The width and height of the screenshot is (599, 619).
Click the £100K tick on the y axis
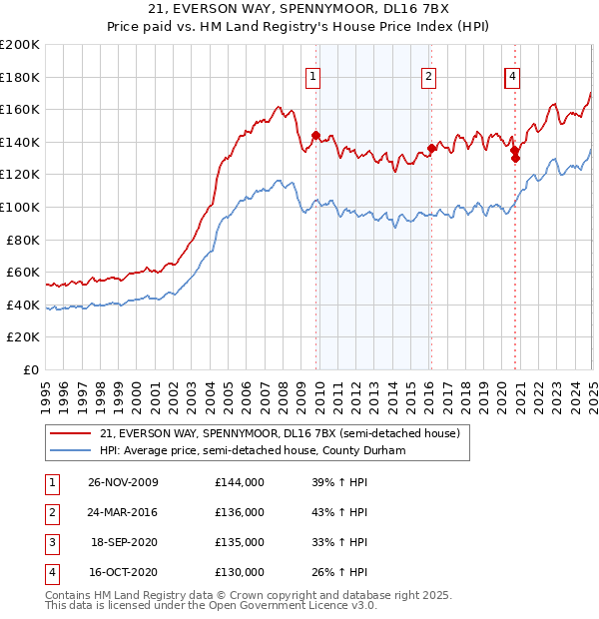pyautogui.click(x=22, y=207)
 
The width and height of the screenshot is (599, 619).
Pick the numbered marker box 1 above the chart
pyautogui.click(x=313, y=76)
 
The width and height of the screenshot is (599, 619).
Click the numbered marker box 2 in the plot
pyautogui.click(x=428, y=76)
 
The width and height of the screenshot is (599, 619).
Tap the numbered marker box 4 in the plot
pyautogui.click(x=512, y=76)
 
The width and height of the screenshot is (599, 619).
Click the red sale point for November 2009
pyautogui.click(x=316, y=135)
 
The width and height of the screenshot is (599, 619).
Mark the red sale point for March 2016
pyautogui.click(x=431, y=148)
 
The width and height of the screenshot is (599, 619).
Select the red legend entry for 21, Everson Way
pyautogui.click(x=280, y=433)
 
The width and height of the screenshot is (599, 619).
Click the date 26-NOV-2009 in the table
pyautogui.click(x=124, y=482)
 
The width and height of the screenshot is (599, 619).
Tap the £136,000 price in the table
pyautogui.click(x=240, y=512)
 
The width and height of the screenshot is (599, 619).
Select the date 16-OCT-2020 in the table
pyautogui.click(x=124, y=572)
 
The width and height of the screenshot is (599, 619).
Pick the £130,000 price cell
pyautogui.click(x=240, y=572)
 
